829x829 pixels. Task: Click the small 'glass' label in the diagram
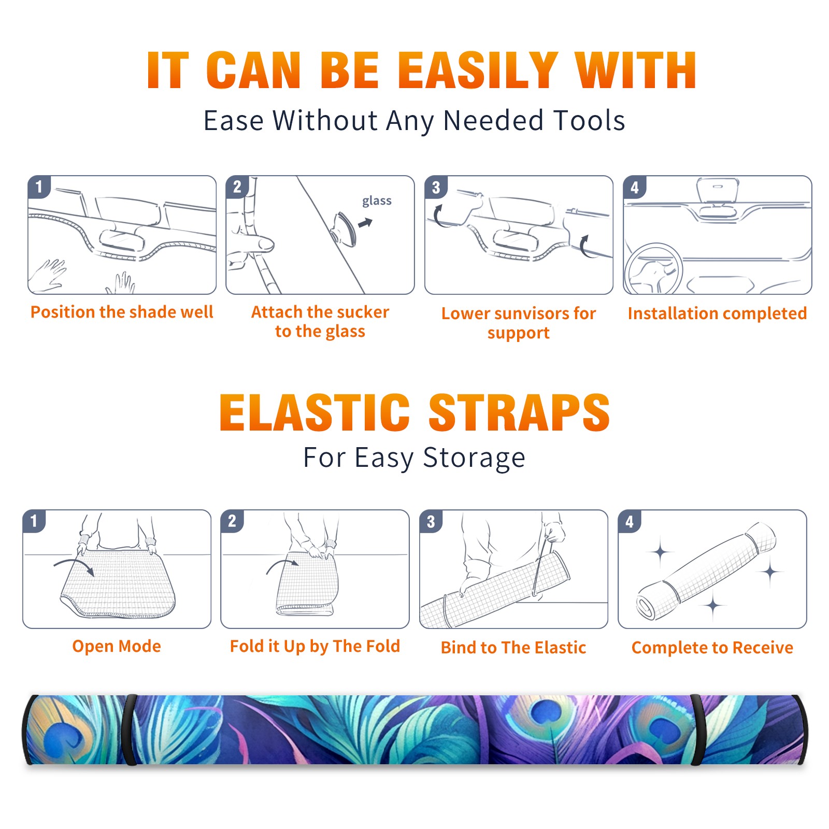[x=377, y=201]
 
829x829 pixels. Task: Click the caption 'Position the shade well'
[x=122, y=312]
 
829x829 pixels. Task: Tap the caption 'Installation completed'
[x=717, y=313]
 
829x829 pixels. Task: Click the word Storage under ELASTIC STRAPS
[x=474, y=458]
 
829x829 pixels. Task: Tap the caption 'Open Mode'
[x=117, y=646]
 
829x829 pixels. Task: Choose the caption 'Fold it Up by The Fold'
[x=315, y=646]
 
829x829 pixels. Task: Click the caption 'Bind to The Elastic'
[x=513, y=648]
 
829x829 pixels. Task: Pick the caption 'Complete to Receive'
[x=712, y=648]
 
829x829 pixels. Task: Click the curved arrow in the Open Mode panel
[x=75, y=564]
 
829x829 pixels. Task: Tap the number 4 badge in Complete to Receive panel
[x=630, y=521]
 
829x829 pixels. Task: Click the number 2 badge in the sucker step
[x=237, y=187]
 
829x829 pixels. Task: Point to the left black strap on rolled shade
[x=130, y=730]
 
